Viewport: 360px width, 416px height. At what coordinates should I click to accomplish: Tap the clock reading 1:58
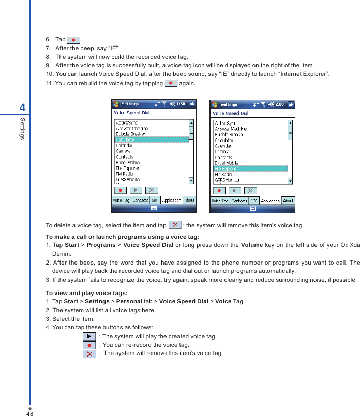click(x=181, y=104)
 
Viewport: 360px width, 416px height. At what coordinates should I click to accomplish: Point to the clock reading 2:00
click(x=279, y=104)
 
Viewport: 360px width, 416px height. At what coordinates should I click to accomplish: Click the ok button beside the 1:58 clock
click(x=192, y=104)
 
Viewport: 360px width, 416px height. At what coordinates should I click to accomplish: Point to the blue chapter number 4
click(x=22, y=107)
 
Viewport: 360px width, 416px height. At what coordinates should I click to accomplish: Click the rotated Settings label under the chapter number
click(x=22, y=128)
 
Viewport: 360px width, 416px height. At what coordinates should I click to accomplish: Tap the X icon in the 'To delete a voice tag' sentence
click(x=175, y=225)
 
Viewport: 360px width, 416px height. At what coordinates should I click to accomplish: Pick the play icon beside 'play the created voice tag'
click(x=89, y=336)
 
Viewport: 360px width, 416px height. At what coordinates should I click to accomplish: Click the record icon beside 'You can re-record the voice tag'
click(x=89, y=345)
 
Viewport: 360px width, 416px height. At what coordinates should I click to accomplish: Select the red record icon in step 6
click(x=74, y=39)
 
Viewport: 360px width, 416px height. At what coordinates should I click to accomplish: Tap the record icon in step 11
click(x=171, y=83)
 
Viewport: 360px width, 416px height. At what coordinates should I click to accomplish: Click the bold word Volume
click(x=252, y=244)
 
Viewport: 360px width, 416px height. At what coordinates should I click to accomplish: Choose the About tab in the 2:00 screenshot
click(x=288, y=201)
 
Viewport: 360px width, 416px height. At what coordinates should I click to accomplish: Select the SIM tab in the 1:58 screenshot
click(x=155, y=200)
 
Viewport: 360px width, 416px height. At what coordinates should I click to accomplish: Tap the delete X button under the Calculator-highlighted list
click(x=152, y=190)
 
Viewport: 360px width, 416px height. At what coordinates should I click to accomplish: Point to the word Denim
click(x=62, y=254)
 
